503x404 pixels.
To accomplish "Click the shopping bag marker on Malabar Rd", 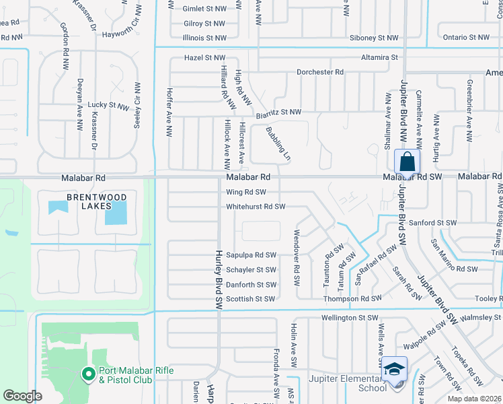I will click(x=407, y=162).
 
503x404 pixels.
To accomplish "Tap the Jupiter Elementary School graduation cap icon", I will click(x=394, y=369).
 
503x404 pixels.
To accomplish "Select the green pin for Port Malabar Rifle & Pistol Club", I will click(x=88, y=374).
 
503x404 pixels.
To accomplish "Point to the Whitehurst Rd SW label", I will click(x=256, y=207).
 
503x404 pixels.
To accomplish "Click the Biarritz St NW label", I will click(x=278, y=113).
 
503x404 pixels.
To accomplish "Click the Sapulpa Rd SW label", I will click(x=251, y=255).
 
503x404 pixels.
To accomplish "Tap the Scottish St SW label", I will click(x=250, y=299).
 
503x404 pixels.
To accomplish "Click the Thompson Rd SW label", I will click(x=352, y=298).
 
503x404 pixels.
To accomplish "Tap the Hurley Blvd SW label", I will click(x=219, y=279).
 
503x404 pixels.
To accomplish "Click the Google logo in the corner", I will click(x=22, y=396).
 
